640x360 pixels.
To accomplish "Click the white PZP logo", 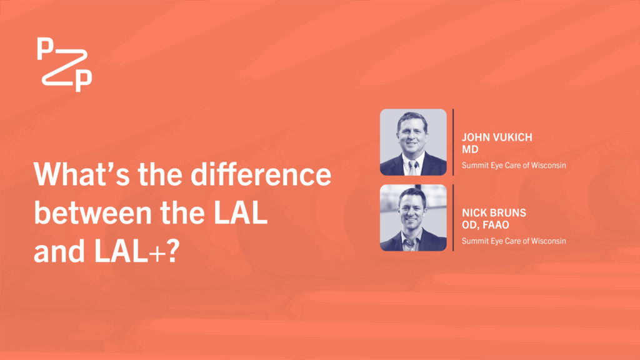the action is (64, 64).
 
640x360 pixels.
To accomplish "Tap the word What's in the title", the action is (82, 174).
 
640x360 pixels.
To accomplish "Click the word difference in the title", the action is (261, 174).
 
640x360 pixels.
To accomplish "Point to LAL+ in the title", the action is (130, 251).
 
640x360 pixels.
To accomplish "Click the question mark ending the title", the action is (174, 251).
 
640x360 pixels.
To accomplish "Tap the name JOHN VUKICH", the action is (497, 137).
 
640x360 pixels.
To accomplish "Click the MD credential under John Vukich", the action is (470, 149).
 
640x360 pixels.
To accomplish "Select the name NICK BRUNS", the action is (494, 212).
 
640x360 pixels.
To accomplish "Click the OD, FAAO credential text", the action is (485, 225).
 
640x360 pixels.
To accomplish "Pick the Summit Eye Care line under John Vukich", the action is (514, 165).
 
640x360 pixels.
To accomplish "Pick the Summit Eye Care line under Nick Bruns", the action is (514, 241).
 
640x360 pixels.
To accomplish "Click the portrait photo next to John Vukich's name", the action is (413, 142).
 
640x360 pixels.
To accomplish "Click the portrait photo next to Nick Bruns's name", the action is (413, 217).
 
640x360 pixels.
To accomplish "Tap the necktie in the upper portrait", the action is (412, 168).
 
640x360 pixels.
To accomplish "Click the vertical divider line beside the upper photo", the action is (453, 142).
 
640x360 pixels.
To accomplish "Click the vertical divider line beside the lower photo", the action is (453, 217).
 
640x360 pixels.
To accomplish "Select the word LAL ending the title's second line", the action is (241, 212).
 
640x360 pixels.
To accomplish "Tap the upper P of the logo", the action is (45, 49).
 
